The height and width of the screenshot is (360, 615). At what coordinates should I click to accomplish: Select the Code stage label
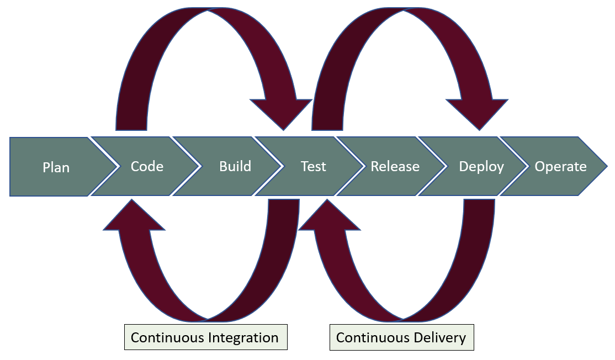click(x=147, y=166)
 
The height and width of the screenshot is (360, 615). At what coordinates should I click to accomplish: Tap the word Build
click(x=235, y=166)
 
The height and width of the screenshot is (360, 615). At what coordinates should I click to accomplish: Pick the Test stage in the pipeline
click(x=313, y=166)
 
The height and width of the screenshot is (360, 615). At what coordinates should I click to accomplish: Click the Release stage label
click(x=395, y=166)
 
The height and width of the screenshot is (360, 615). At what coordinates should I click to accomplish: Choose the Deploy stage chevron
click(x=481, y=167)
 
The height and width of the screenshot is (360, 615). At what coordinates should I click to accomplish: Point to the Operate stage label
click(x=560, y=166)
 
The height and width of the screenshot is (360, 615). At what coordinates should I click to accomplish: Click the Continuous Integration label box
click(x=205, y=337)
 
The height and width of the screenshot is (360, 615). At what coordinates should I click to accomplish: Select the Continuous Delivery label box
click(x=401, y=337)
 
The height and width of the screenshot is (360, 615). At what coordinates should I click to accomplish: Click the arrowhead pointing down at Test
click(x=282, y=114)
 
